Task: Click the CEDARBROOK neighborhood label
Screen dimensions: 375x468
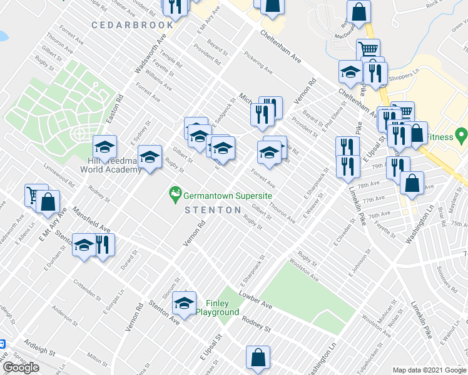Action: tap(132, 25)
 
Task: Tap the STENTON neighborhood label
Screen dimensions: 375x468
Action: tap(210, 210)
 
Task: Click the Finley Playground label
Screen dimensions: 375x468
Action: tap(217, 307)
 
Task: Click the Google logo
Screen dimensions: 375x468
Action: tap(21, 367)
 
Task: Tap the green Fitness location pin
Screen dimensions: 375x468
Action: tap(462, 134)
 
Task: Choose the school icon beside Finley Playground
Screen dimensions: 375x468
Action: tap(184, 303)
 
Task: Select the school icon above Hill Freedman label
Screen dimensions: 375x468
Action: tap(105, 147)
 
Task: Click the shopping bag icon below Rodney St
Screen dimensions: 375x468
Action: tap(258, 358)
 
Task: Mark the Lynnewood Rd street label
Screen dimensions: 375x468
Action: tap(59, 176)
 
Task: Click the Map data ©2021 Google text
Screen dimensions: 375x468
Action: tap(429, 369)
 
